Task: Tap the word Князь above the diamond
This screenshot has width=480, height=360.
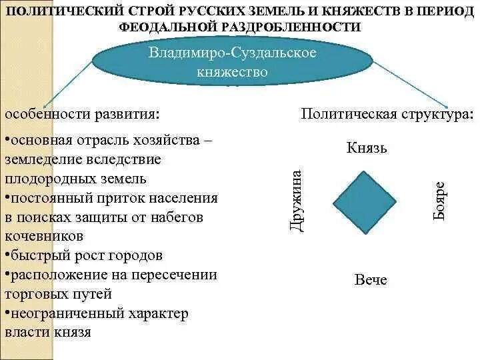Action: [x=367, y=147]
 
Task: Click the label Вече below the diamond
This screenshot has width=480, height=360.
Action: [x=371, y=279]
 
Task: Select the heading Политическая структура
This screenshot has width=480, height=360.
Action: [x=387, y=115]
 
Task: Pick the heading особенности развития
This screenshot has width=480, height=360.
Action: [x=82, y=115]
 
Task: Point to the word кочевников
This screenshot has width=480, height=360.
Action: [x=44, y=236]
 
